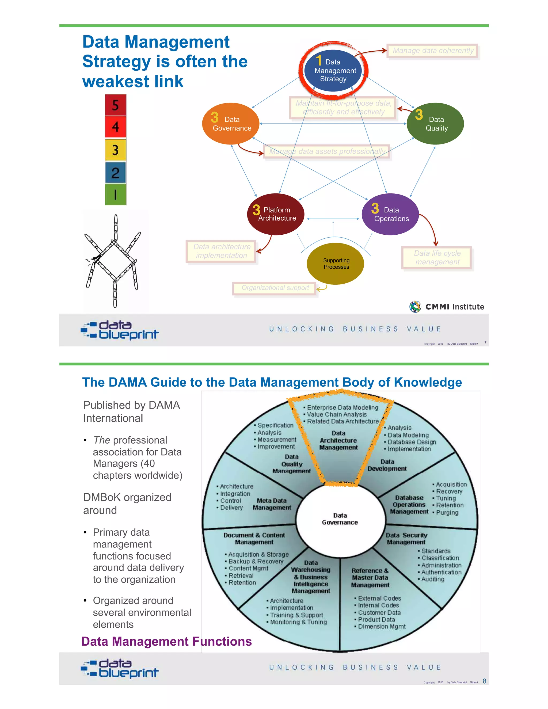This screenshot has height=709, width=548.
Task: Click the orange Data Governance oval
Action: (x=230, y=124)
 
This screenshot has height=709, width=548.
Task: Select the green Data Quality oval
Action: (x=435, y=124)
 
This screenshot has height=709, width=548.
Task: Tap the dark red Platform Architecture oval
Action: (x=276, y=214)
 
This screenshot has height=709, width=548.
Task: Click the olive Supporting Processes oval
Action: (x=335, y=264)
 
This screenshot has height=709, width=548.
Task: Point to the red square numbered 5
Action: (x=116, y=105)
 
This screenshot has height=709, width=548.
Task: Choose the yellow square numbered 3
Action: (x=116, y=150)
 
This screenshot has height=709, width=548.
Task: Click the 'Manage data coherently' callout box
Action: (x=433, y=51)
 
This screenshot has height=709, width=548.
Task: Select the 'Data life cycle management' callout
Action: (x=437, y=258)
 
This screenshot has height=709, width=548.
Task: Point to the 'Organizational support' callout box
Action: (x=275, y=288)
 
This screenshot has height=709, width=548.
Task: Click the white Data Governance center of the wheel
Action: (x=340, y=519)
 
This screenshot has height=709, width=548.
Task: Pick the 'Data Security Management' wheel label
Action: (x=406, y=539)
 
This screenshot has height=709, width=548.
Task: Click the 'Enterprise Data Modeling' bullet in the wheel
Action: (x=342, y=407)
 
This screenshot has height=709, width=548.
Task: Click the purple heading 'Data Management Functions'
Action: (x=166, y=642)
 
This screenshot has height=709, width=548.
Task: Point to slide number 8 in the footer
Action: (x=484, y=681)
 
